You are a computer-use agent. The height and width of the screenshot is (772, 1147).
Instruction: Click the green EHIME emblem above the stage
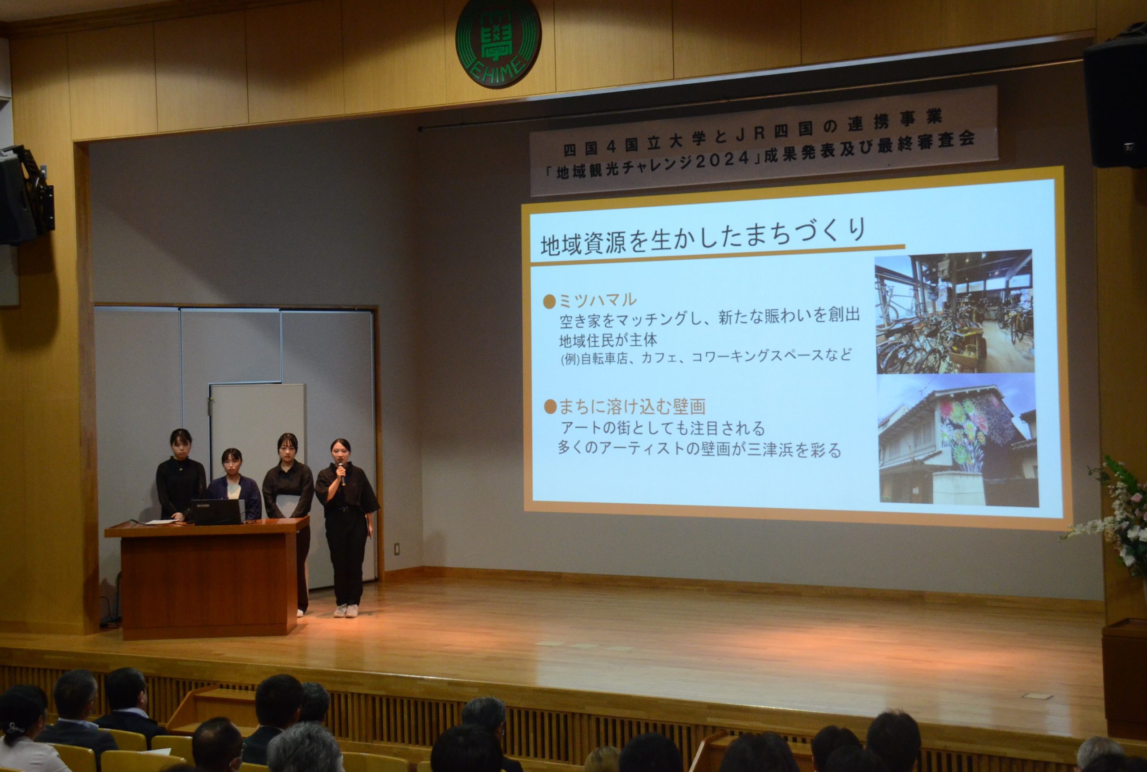498,43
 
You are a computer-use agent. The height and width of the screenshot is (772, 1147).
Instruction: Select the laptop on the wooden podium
217,512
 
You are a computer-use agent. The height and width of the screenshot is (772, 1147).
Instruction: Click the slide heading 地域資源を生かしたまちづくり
703,237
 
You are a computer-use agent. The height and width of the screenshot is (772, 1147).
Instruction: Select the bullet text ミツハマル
597,300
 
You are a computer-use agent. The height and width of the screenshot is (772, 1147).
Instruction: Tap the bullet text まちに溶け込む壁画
631,407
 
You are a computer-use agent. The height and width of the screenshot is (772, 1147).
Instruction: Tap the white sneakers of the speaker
346,610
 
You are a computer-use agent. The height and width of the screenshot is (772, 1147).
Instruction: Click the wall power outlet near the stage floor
397,549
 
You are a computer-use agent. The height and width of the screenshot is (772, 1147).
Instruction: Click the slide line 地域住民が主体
608,340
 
